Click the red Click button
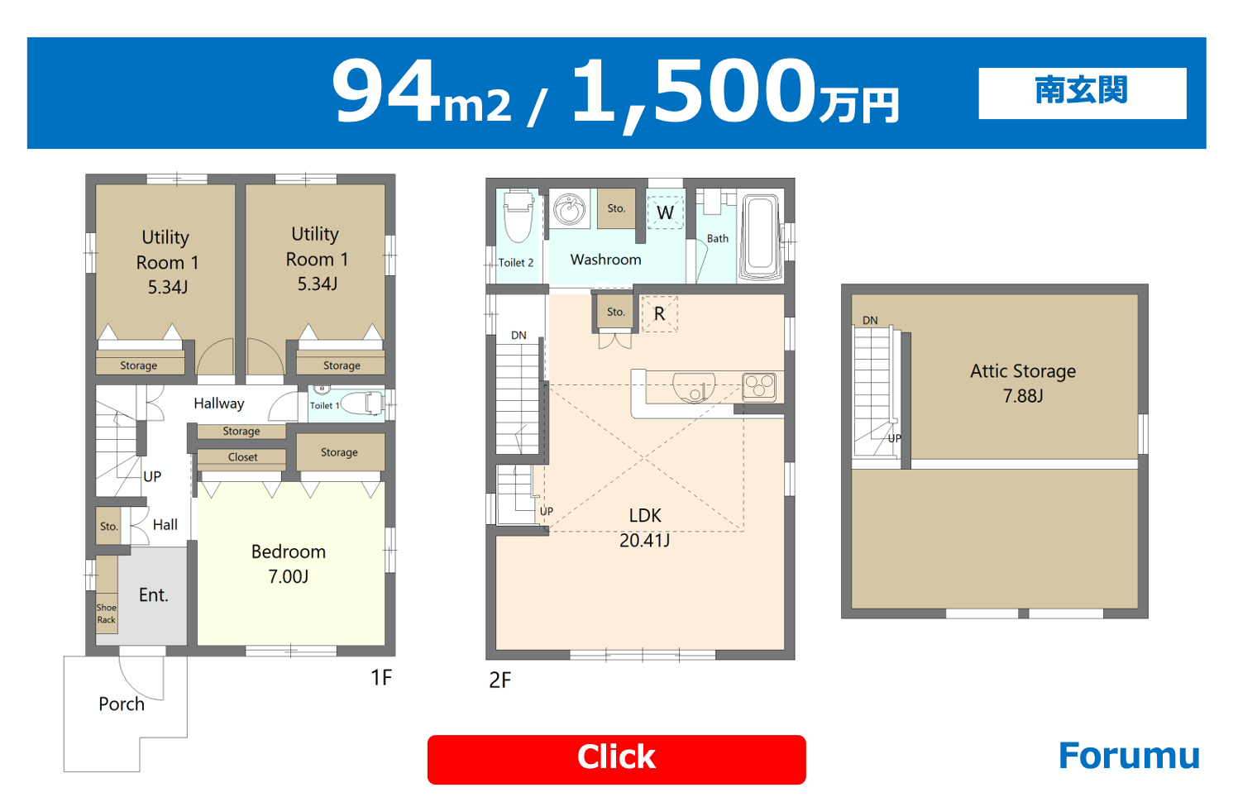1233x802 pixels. (x=617, y=759)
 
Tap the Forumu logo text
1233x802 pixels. (x=1129, y=756)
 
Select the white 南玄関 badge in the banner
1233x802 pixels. (x=1082, y=93)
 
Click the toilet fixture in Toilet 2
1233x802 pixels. (x=518, y=216)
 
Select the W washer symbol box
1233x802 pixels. (x=665, y=212)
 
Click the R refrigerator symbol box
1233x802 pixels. (x=659, y=313)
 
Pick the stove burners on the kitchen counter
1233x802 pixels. (x=759, y=386)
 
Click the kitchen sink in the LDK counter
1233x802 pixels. (x=694, y=387)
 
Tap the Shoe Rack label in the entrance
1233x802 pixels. (x=106, y=613)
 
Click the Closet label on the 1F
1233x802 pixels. (x=243, y=457)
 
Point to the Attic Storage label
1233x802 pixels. (x=1023, y=372)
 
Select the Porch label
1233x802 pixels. (x=122, y=704)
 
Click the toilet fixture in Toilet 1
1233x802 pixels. (x=363, y=403)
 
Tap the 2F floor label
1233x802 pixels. (x=499, y=680)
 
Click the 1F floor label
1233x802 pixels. (x=381, y=677)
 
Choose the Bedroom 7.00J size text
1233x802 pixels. (x=289, y=576)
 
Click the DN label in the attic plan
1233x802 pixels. (x=870, y=320)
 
